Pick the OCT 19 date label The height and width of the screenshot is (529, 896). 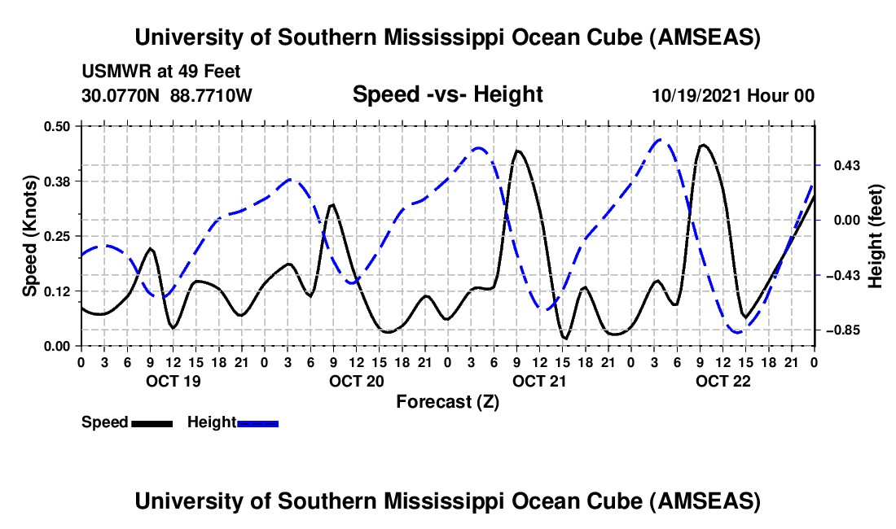pyautogui.click(x=172, y=381)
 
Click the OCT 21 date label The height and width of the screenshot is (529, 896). pyautogui.click(x=539, y=381)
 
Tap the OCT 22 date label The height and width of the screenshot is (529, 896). pyautogui.click(x=723, y=381)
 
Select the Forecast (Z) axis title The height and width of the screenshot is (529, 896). pyautogui.click(x=447, y=401)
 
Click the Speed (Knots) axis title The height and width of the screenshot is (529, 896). pyautogui.click(x=30, y=236)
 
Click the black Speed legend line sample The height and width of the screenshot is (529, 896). pyautogui.click(x=152, y=422)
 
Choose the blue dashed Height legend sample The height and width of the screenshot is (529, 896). pyautogui.click(x=258, y=422)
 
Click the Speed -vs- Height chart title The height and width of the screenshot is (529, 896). pyautogui.click(x=447, y=95)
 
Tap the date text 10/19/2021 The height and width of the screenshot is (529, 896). pyautogui.click(x=694, y=96)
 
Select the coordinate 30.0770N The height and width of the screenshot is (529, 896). pyautogui.click(x=122, y=96)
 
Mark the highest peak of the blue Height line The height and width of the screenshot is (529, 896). pyautogui.click(x=661, y=140)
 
